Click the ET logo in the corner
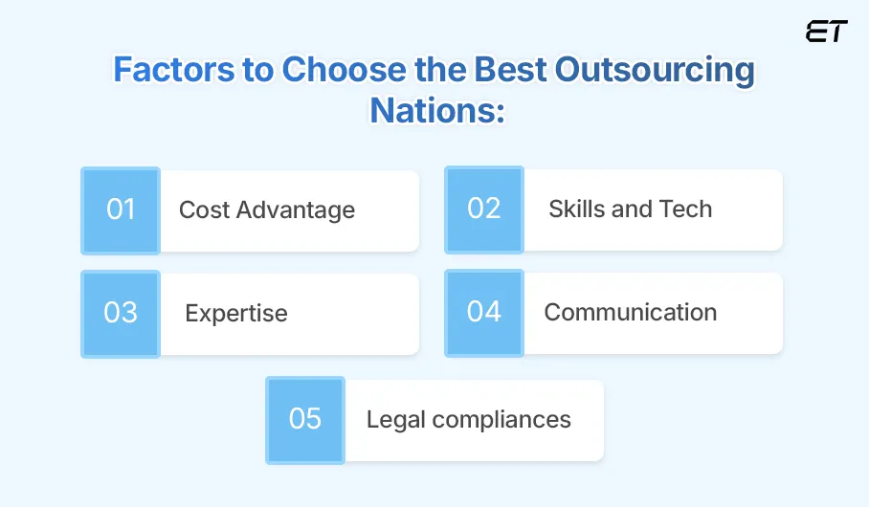pyautogui.click(x=826, y=32)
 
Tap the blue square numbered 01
pyautogui.click(x=121, y=210)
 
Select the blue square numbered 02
pyautogui.click(x=483, y=210)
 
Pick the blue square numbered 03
pyautogui.click(x=121, y=314)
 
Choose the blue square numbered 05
pyautogui.click(x=305, y=420)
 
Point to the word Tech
pyautogui.click(x=685, y=209)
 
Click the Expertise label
pyautogui.click(x=236, y=314)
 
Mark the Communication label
pyautogui.click(x=630, y=313)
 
